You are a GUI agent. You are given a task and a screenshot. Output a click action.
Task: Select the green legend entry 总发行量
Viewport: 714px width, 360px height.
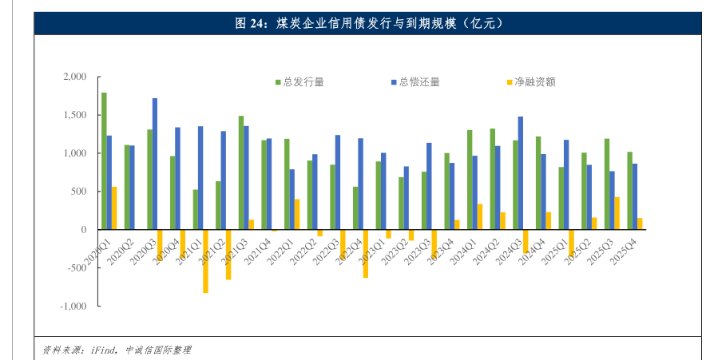point(299,81)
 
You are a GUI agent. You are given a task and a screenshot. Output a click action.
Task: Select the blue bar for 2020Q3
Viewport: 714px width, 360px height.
point(155,164)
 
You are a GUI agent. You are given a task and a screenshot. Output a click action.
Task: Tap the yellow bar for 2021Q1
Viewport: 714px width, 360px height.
point(205,261)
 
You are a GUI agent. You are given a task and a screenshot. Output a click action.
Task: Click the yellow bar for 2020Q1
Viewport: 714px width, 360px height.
point(114,208)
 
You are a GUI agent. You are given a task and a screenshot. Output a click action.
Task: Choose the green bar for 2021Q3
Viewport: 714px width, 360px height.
point(240,172)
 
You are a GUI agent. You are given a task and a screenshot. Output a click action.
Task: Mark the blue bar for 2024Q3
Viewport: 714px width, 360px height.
point(521,173)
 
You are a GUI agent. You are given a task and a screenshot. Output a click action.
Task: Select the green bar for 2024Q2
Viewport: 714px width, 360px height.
point(492,179)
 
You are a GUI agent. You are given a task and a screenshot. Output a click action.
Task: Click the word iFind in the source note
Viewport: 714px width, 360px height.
point(104,350)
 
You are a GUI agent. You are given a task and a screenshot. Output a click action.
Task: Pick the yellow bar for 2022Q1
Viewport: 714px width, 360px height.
point(297,214)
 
